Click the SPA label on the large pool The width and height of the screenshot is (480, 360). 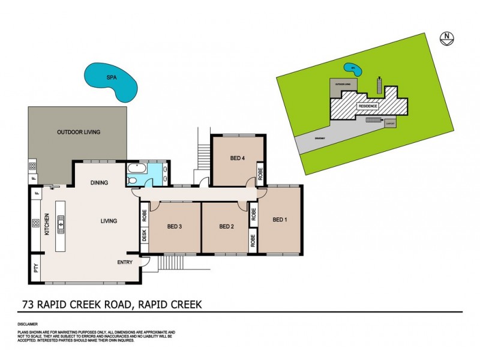pyautogui.click(x=111, y=77)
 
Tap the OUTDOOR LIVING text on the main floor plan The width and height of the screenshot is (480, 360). pyautogui.click(x=79, y=132)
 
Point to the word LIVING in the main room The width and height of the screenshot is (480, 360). pyautogui.click(x=109, y=221)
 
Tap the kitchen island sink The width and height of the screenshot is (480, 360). pyautogui.click(x=60, y=224)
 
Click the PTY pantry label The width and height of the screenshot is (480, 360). pyautogui.click(x=35, y=269)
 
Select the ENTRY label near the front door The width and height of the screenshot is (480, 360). pyautogui.click(x=125, y=262)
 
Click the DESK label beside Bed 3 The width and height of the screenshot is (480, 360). pyautogui.click(x=144, y=235)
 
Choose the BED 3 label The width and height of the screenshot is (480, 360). pyautogui.click(x=174, y=226)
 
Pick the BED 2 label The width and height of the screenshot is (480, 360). pyautogui.click(x=226, y=226)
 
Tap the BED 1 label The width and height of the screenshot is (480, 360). pyautogui.click(x=280, y=220)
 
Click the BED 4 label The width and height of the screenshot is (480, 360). pyautogui.click(x=238, y=158)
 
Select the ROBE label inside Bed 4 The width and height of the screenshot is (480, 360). pyautogui.click(x=260, y=173)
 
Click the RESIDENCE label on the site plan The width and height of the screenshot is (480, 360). pyautogui.click(x=368, y=106)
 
